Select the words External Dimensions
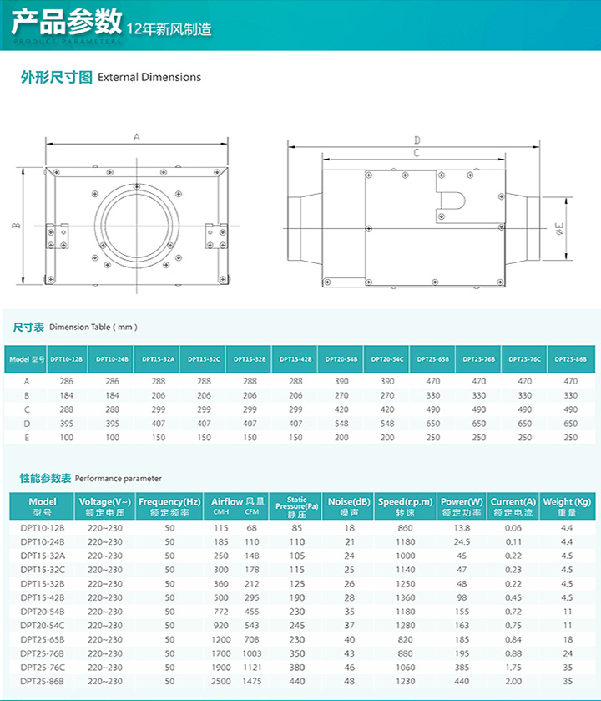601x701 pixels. coord(149,77)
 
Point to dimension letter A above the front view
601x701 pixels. coord(136,136)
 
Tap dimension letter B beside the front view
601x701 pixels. coord(15,225)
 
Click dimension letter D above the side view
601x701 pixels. coord(417,140)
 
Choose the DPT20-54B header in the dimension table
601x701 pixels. coord(341,358)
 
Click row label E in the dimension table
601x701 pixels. coord(26,437)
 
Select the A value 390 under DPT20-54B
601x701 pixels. coord(341,380)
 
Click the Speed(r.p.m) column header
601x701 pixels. coord(405,506)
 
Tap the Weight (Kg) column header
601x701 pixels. coord(567,506)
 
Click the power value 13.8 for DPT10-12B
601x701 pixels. coord(462,528)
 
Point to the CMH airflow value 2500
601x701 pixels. coord(221,682)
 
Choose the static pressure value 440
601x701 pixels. coord(297,682)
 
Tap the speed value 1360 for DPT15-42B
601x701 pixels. coord(405,597)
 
